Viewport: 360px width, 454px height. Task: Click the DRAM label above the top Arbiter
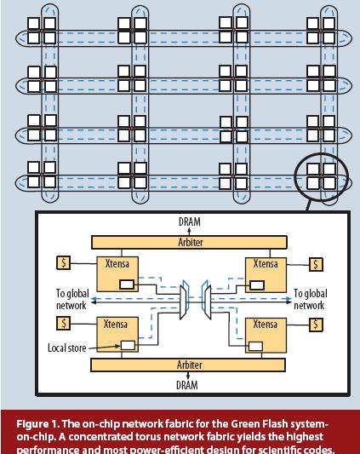click(x=190, y=222)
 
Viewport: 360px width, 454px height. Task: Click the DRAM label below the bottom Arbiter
click(x=190, y=384)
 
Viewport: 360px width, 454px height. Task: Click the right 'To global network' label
click(x=309, y=299)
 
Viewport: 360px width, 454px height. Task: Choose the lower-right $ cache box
click(x=316, y=324)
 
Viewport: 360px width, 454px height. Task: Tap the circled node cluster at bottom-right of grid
click(x=321, y=175)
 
